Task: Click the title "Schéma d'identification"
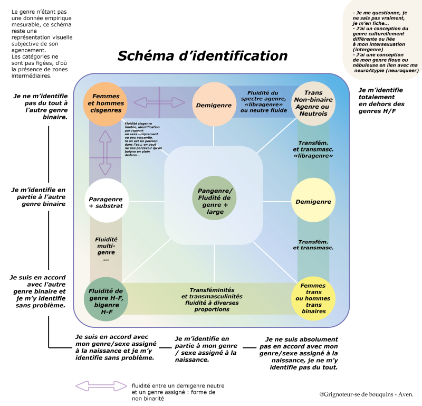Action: pyautogui.click(x=202, y=56)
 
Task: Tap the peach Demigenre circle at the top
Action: pyautogui.click(x=214, y=105)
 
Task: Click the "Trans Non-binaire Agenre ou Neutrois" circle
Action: pyautogui.click(x=313, y=103)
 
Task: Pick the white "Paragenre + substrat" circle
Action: pyautogui.click(x=106, y=202)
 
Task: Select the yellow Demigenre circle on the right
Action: pyautogui.click(x=313, y=201)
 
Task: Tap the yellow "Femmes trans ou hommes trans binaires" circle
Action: pyautogui.click(x=313, y=299)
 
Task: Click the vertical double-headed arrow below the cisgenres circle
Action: pyautogui.click(x=105, y=152)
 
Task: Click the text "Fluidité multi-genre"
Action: pyautogui.click(x=106, y=249)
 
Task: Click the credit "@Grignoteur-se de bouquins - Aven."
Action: pyautogui.click(x=366, y=394)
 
